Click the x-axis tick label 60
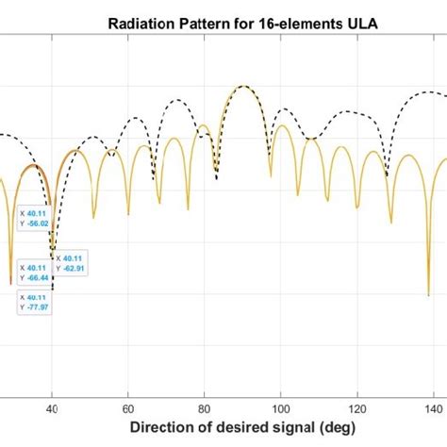[128, 408]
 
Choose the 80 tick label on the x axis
[205, 408]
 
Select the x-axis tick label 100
[280, 408]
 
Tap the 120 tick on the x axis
[356, 408]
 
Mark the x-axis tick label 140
[432, 408]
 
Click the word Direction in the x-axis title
[166, 429]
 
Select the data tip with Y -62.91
[71, 263]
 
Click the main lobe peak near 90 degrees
[243, 86]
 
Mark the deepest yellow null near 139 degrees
[429, 295]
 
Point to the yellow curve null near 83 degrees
[216, 175]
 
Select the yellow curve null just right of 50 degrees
[93, 218]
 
